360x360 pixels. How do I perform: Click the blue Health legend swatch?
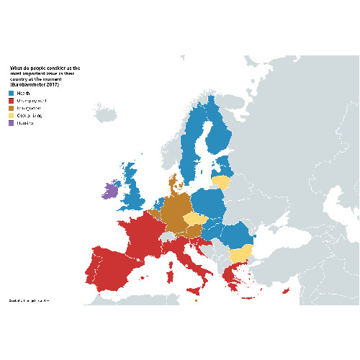[11, 94]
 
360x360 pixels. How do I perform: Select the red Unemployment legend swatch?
[11, 101]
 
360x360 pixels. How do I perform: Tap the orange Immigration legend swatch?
[11, 108]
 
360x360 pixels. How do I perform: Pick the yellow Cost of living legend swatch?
[11, 115]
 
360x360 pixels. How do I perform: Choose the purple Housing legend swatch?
[11, 123]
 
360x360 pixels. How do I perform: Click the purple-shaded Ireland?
[110, 191]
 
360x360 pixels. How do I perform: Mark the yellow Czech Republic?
[194, 218]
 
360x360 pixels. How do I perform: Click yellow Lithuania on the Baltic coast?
[222, 182]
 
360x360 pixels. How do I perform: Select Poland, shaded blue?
[209, 203]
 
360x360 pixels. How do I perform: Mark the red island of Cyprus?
[286, 291]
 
